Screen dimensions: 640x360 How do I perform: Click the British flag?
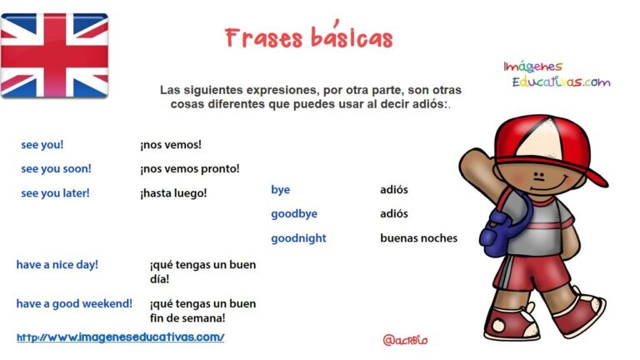tap(54, 56)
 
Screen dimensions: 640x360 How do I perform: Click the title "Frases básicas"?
tap(308, 36)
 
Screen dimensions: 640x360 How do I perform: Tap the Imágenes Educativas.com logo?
tap(557, 74)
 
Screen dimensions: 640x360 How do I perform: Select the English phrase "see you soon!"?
tap(57, 169)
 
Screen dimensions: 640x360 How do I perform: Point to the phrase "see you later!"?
tap(55, 193)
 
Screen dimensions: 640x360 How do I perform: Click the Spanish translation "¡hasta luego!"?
tap(173, 193)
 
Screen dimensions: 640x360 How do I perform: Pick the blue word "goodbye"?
tap(294, 214)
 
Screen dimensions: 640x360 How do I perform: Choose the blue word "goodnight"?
tap(298, 238)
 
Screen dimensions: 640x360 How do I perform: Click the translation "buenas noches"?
tap(419, 238)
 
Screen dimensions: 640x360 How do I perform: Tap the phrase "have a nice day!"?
tap(57, 265)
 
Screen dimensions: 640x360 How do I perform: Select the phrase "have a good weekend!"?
tap(74, 304)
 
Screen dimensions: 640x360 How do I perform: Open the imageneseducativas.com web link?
tap(120, 337)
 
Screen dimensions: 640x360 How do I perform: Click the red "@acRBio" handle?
tap(405, 340)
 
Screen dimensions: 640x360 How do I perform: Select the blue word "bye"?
tap(280, 190)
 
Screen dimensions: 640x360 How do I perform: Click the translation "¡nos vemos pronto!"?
tap(190, 168)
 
